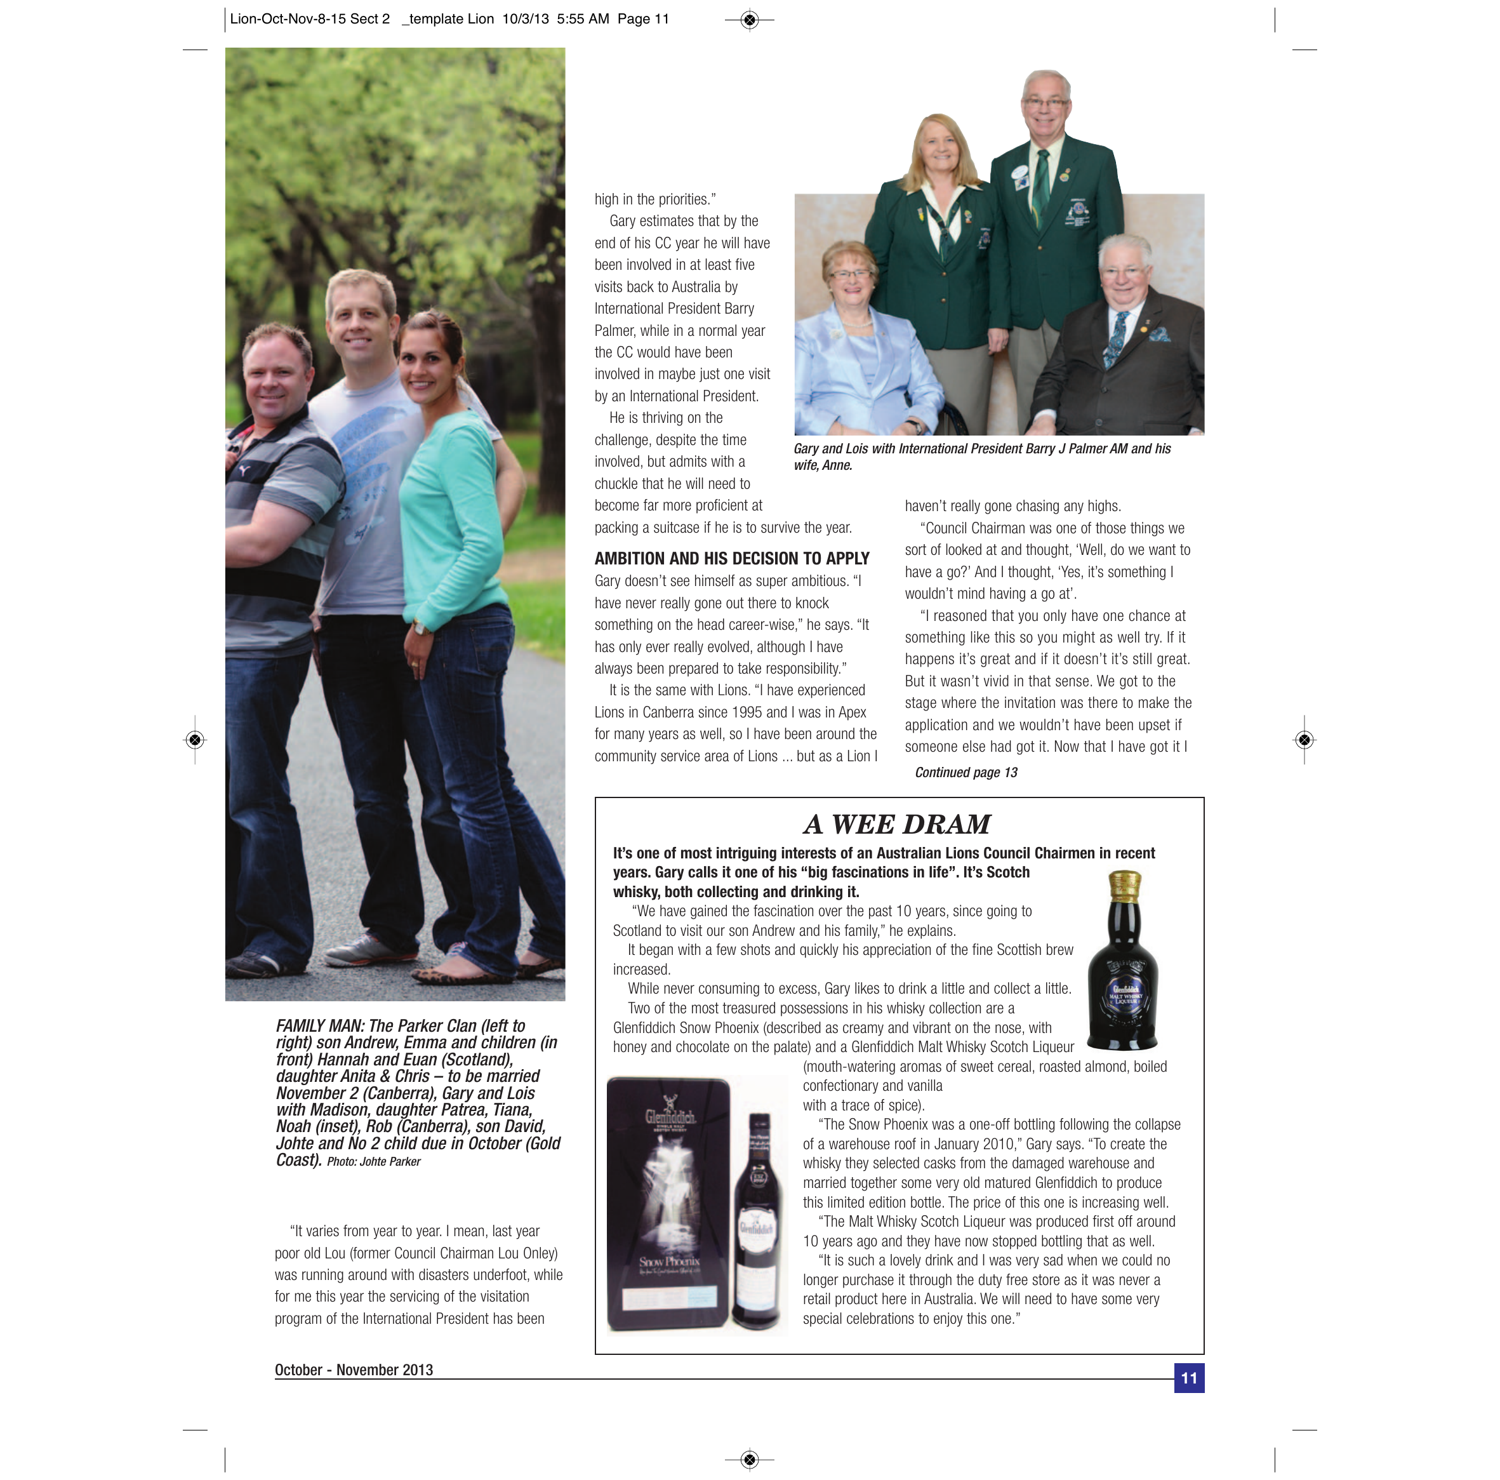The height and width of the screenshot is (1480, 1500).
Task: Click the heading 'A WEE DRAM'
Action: coord(898,824)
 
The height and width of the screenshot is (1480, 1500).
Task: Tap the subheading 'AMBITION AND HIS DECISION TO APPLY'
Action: coord(731,558)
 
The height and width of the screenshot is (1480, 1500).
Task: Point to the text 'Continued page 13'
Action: coord(966,772)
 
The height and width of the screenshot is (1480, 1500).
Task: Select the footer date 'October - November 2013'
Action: coord(354,1369)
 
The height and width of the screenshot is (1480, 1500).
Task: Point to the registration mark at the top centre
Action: coord(749,20)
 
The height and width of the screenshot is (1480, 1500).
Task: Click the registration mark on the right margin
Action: coord(1304,739)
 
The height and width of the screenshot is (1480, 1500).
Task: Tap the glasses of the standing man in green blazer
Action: coord(1045,102)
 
